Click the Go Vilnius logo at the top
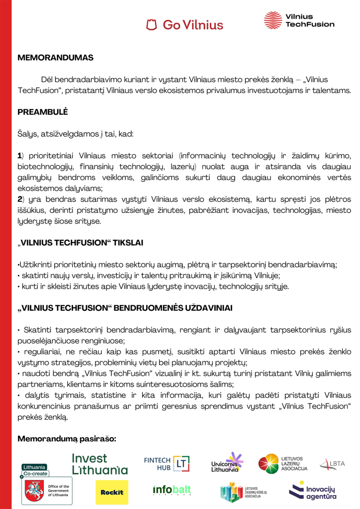[184, 24]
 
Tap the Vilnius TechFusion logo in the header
[299, 20]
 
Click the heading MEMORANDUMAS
[55, 58]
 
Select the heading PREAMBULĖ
[42, 112]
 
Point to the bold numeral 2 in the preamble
[20, 200]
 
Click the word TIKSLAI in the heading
[127, 244]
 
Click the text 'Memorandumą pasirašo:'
[67, 439]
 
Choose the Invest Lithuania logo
[99, 464]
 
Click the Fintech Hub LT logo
[167, 463]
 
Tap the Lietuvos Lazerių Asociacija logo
[283, 464]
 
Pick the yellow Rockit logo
[111, 492]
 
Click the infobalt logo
[172, 491]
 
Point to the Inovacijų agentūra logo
[313, 491]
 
